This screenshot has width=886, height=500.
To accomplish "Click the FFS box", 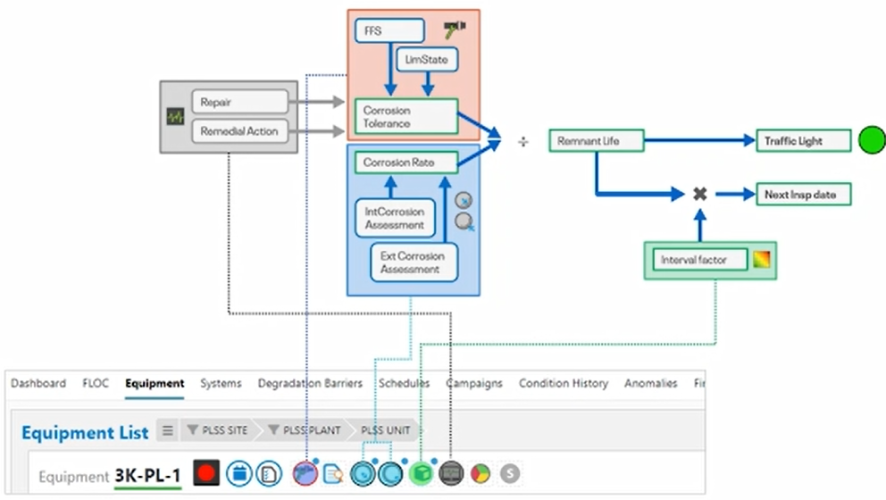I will click(389, 29).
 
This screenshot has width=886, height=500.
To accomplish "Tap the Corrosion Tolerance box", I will click(406, 117).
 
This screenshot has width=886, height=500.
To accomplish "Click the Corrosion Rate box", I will click(406, 162).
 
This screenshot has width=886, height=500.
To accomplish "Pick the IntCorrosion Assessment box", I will click(395, 218).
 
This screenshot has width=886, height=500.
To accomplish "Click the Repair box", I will click(239, 102).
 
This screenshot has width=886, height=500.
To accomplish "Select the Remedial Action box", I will click(239, 130).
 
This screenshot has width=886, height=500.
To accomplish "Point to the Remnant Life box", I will click(596, 141).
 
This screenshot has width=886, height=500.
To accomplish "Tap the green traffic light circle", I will click(872, 140).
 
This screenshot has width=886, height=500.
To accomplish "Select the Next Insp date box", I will click(803, 195).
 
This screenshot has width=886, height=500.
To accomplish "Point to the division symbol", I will click(523, 141).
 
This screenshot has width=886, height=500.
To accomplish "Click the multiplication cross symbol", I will click(700, 194).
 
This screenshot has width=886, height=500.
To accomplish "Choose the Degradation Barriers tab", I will click(310, 383).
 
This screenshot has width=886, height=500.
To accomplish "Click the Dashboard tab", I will click(38, 383).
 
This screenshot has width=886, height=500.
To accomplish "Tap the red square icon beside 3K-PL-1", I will click(206, 472).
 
